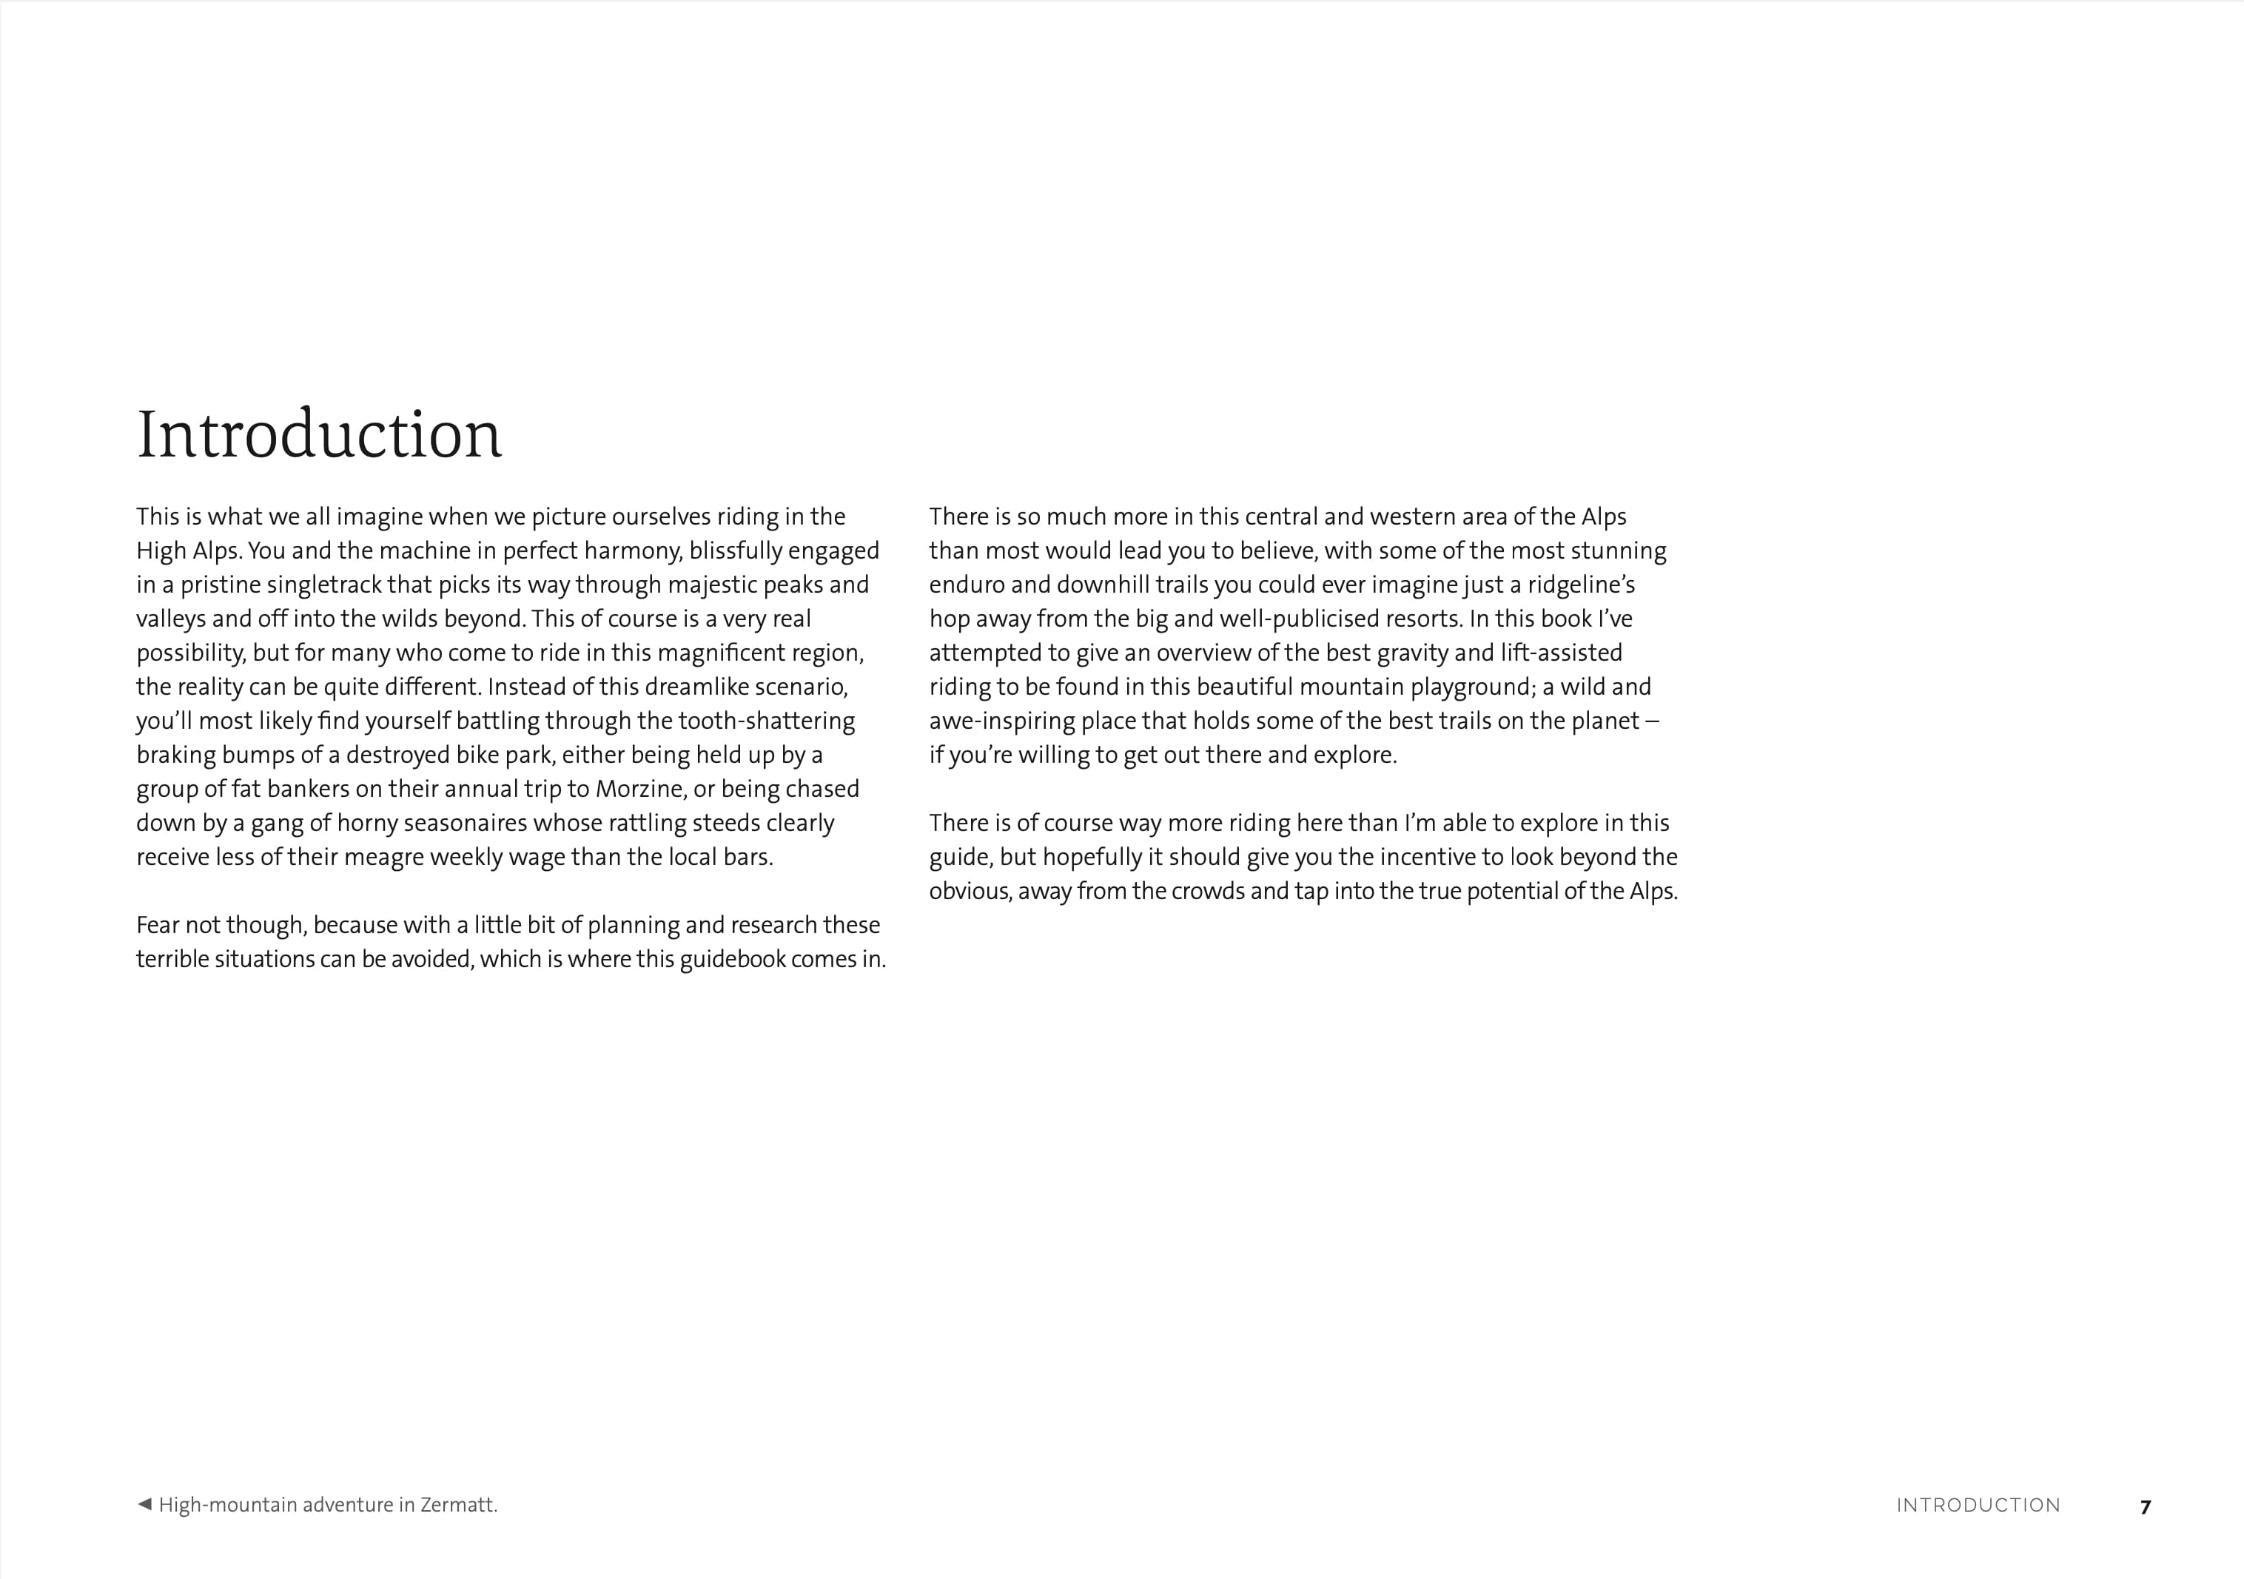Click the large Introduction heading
pyautogui.click(x=319, y=435)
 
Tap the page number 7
pyautogui.click(x=2146, y=1506)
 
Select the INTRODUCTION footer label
pyautogui.click(x=1978, y=1506)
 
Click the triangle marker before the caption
pyautogui.click(x=144, y=1504)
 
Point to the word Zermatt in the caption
pyautogui.click(x=458, y=1505)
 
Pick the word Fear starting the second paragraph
pyautogui.click(x=158, y=926)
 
